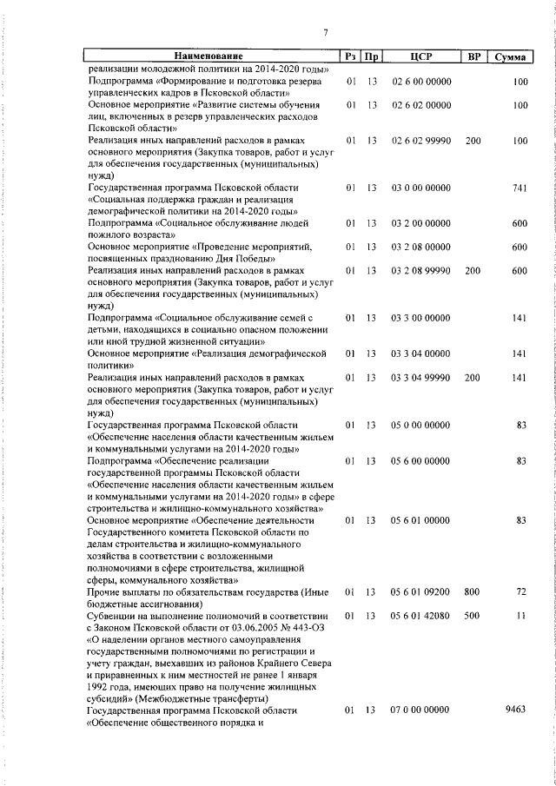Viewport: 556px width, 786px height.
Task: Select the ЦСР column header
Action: coord(421,56)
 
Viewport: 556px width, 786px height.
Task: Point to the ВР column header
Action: coord(473,56)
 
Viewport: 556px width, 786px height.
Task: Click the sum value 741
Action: coord(520,188)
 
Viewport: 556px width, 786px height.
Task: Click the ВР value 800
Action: coord(473,591)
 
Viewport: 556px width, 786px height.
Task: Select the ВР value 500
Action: coord(473,616)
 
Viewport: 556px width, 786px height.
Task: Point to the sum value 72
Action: coord(521,591)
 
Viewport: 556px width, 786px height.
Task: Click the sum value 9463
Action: coord(516,710)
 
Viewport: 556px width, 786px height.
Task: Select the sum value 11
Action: coord(522,616)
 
